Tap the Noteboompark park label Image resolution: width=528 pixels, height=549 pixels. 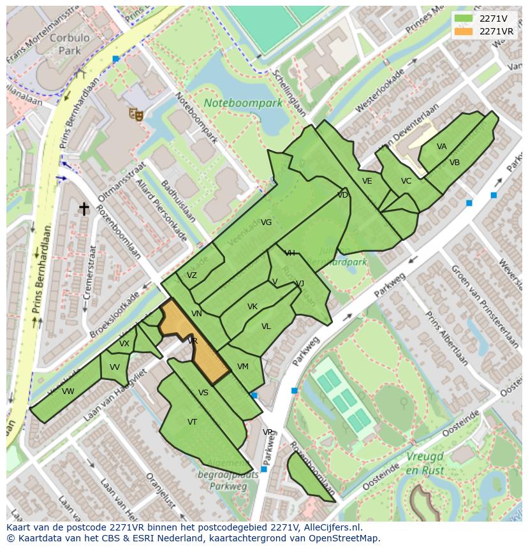click(243, 103)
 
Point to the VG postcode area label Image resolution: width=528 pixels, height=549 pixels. click(267, 223)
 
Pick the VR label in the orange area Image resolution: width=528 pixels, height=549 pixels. click(192, 341)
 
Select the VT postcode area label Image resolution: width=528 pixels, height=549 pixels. click(192, 421)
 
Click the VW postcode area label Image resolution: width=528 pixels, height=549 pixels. click(68, 392)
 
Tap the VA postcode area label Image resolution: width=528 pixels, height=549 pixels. click(441, 147)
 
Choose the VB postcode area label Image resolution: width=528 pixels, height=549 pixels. click(454, 163)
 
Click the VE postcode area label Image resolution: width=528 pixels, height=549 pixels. click(367, 181)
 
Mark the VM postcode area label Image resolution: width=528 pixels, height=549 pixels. click(242, 367)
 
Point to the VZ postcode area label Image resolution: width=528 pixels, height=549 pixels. click(191, 275)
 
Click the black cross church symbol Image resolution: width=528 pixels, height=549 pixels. click(84, 209)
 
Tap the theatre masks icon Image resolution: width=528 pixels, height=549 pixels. click(135, 113)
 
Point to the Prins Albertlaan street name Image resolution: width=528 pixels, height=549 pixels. click(446, 338)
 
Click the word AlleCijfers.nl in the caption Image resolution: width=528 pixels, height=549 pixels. click(331, 527)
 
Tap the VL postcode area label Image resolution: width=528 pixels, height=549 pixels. click(266, 326)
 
